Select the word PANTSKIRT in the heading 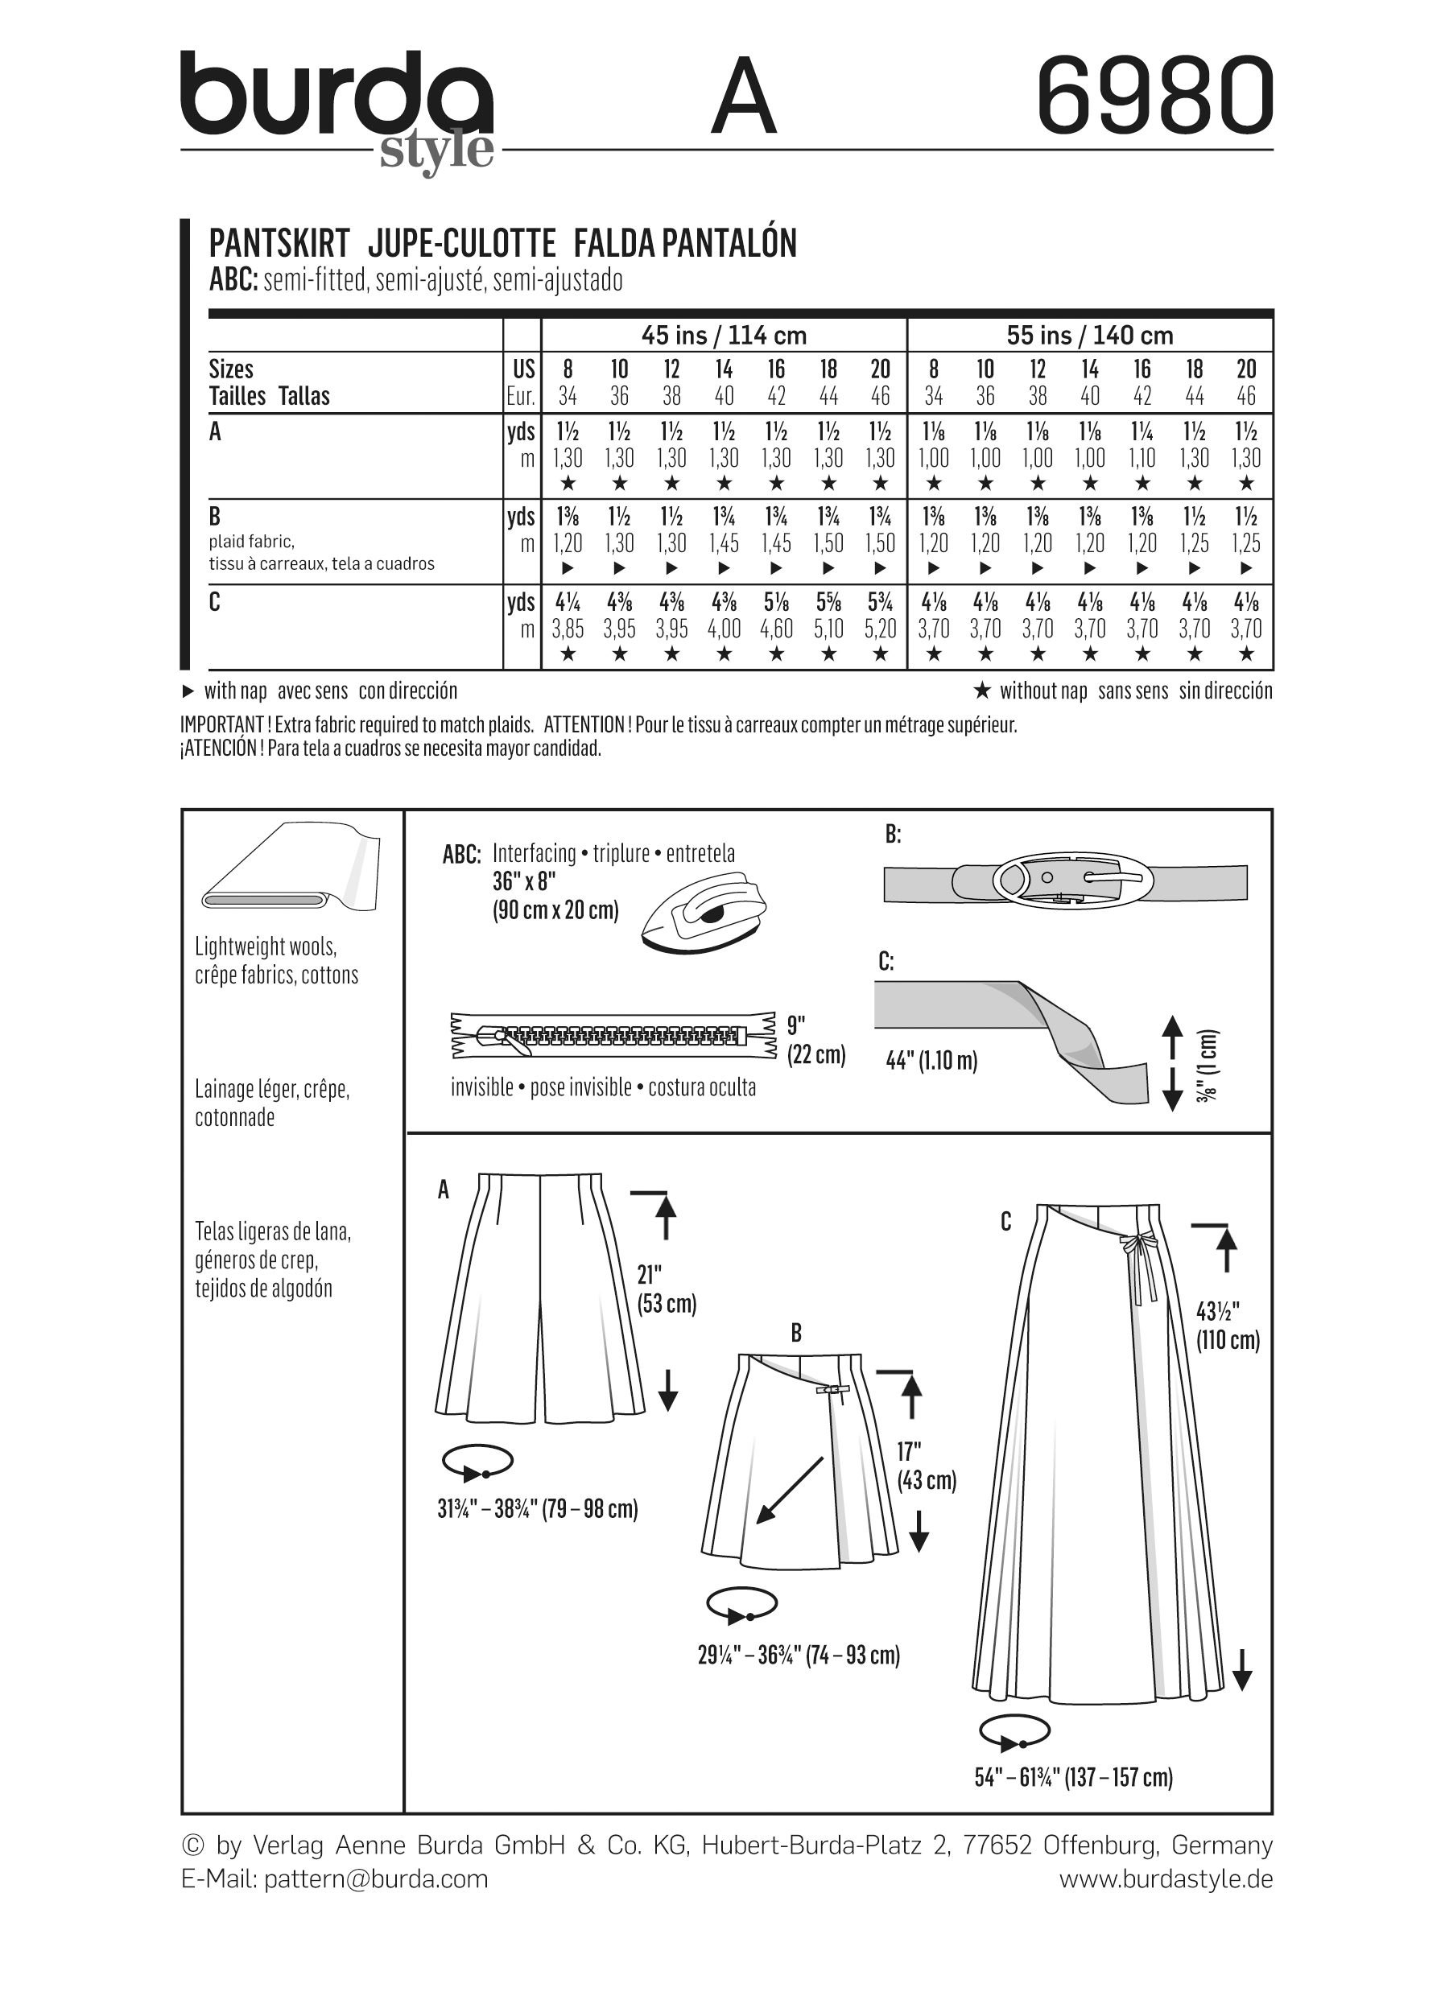coord(280,243)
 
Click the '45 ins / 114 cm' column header coord(724,336)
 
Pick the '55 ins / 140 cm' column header coord(1089,336)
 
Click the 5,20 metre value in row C coord(880,629)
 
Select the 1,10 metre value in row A coord(1142,458)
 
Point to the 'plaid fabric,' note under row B coord(252,541)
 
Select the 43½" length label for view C coord(1228,1326)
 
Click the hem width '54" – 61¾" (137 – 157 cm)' coord(1073,1777)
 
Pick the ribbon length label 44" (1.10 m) coord(931,1061)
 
